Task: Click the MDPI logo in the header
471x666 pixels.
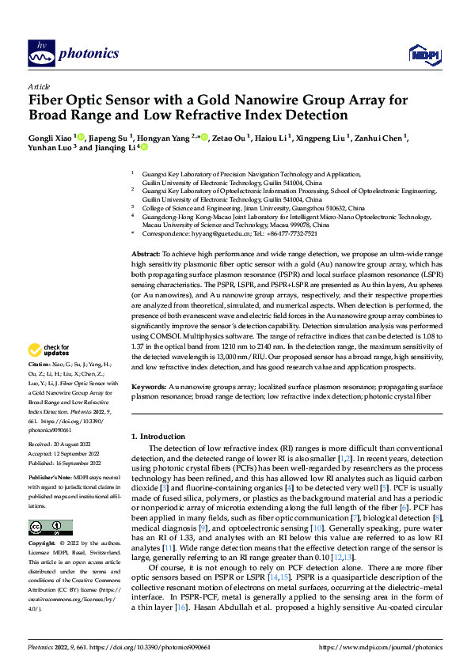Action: [x=420, y=54]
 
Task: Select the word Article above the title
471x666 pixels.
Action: [x=39, y=86]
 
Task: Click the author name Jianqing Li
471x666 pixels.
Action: [x=120, y=147]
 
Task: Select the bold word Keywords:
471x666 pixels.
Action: [x=150, y=387]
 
